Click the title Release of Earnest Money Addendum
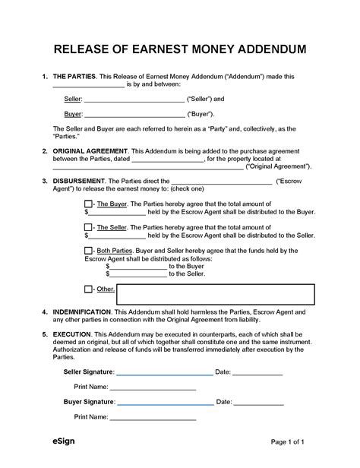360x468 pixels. tap(180, 50)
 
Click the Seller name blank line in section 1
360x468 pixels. tap(134, 100)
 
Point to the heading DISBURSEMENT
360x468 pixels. tap(80, 181)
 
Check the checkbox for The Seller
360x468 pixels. tap(87, 228)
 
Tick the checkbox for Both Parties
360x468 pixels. tap(87, 250)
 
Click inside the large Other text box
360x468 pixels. tap(216, 294)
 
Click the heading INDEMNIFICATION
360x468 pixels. tap(86, 312)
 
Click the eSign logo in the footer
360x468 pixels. tap(64, 442)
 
